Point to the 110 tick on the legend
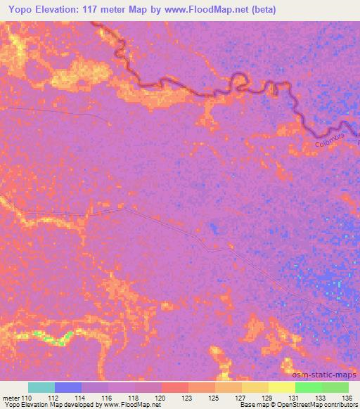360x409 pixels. [26, 398]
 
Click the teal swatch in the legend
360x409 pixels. [41, 387]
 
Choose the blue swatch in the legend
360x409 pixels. [68, 387]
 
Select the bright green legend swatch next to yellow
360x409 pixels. [309, 387]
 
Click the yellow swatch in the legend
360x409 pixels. [282, 387]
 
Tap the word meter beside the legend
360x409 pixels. [11, 398]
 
